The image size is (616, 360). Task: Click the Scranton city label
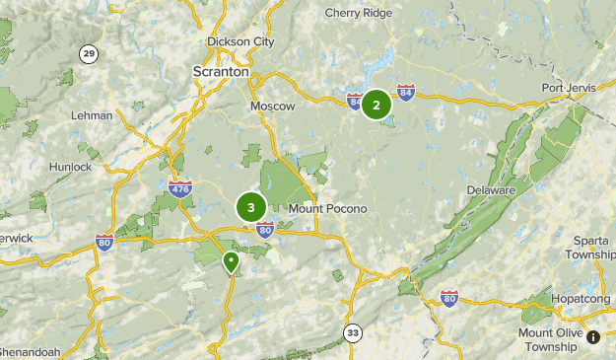pos(221,72)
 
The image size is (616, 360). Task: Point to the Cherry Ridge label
pos(358,13)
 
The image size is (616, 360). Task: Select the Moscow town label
pos(273,106)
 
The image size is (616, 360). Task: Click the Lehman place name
pos(92,115)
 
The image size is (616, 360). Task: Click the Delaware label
pos(491,189)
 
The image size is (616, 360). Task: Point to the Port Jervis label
pos(569,88)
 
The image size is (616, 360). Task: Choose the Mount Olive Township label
pos(549,339)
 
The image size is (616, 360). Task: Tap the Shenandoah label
pos(30,351)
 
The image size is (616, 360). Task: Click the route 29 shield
pos(90,54)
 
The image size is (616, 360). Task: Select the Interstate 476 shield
pos(179,189)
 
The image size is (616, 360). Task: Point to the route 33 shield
pos(353,333)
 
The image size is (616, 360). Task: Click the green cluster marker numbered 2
pos(376,104)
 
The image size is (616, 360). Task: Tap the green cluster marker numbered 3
pos(251,207)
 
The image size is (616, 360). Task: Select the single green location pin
pos(231,262)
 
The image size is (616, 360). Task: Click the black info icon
pos(593,337)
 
